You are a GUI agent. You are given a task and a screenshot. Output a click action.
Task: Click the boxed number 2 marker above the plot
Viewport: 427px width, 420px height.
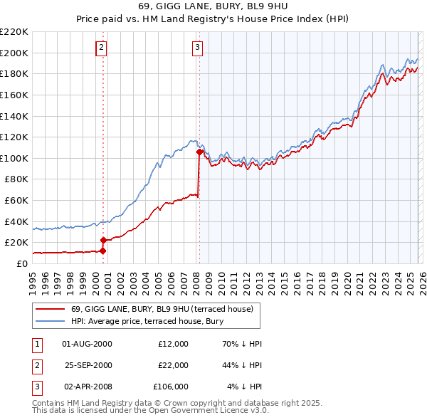pos(102,48)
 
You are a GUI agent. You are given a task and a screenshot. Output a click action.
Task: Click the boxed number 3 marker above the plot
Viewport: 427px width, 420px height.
pos(197,48)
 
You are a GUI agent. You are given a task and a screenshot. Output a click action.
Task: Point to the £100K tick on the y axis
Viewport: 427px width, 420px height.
pos(14,158)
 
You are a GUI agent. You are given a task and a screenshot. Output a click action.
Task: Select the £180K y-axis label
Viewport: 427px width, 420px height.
pos(14,73)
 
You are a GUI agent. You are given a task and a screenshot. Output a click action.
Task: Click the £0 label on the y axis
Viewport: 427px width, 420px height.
pos(21,263)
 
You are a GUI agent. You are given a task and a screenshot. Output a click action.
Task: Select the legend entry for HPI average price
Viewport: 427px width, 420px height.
pos(147,322)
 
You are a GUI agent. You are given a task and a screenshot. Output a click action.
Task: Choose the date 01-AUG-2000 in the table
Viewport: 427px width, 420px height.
pos(88,344)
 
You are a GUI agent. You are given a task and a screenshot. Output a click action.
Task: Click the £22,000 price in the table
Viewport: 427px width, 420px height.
pos(173,365)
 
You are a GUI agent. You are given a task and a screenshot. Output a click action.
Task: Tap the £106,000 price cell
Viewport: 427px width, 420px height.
pos(171,387)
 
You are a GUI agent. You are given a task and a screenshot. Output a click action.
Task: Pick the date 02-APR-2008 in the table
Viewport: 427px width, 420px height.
pos(88,387)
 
